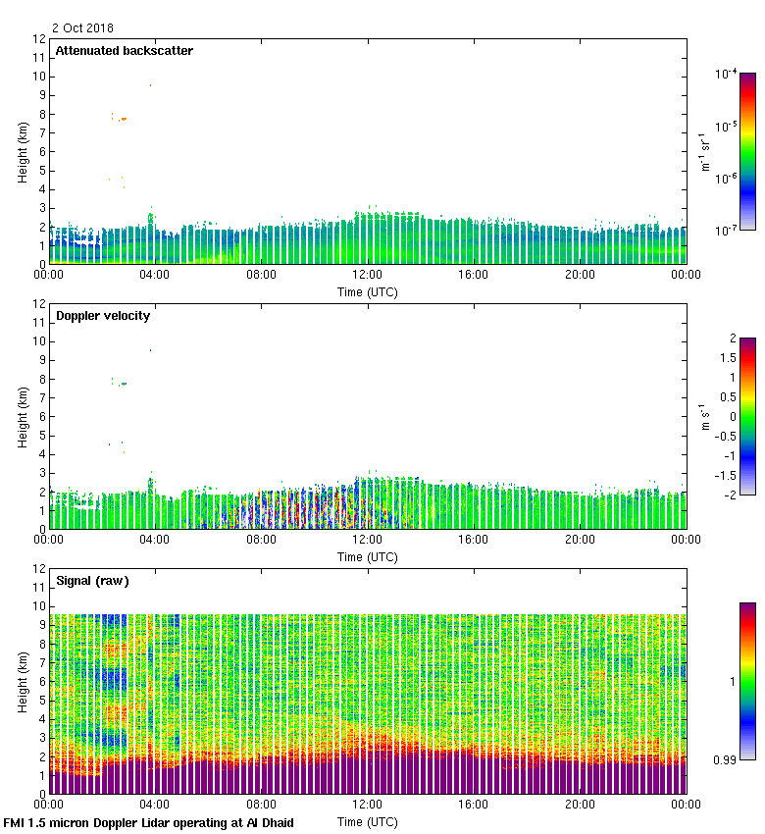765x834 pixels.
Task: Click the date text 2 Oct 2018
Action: pos(83,28)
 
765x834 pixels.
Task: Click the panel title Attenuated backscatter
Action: pos(124,51)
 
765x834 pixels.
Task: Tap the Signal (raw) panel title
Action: pos(92,581)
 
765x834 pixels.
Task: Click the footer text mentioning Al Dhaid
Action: pos(149,822)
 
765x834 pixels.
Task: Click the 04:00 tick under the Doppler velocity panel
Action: pos(155,540)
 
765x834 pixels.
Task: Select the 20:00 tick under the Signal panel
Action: pos(580,805)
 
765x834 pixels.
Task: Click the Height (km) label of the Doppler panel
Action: pos(22,417)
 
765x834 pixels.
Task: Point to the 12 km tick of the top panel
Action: pos(39,39)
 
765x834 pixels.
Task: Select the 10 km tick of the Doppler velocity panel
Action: pos(39,341)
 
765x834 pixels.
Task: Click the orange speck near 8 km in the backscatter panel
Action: pos(123,119)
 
